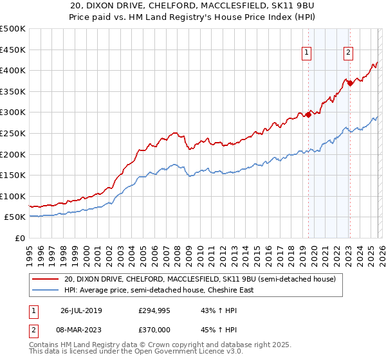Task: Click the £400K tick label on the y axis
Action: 13,70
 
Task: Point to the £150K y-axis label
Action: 13,175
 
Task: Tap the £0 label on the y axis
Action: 21,238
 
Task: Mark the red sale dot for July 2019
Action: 308,114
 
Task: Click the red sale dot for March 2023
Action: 349,83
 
